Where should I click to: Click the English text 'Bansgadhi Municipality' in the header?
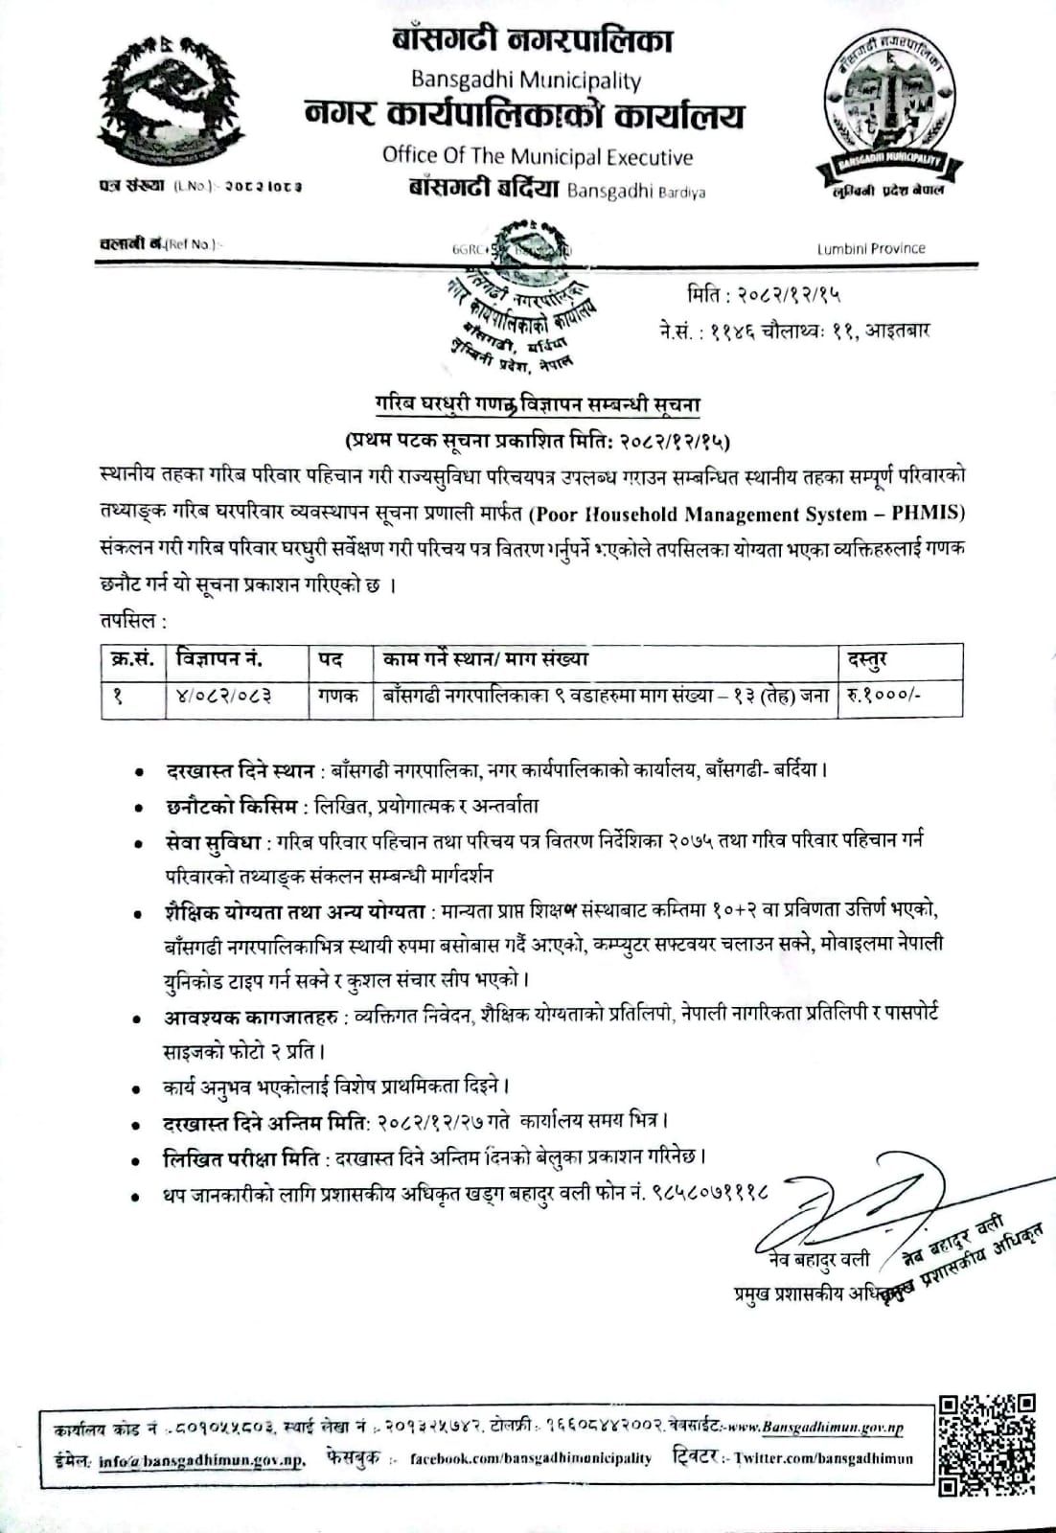pos(526,80)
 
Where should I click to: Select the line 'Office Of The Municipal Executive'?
pos(537,155)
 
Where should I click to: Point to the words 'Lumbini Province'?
pos(871,249)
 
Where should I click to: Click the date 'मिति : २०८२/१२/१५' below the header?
pos(764,294)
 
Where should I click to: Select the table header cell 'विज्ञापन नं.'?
pos(219,659)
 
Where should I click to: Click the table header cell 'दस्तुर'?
pos(867,659)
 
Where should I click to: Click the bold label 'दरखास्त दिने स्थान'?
pos(239,770)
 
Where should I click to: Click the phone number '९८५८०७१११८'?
pos(711,1195)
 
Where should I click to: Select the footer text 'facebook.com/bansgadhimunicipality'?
pos(530,1458)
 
